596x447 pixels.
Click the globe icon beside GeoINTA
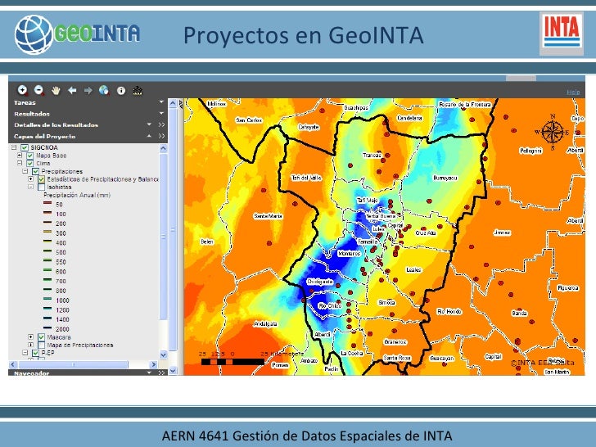pyautogui.click(x=34, y=35)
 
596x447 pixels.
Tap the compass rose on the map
pyautogui.click(x=553, y=131)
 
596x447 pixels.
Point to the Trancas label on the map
pyautogui.click(x=372, y=154)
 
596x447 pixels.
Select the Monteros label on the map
pyautogui.click(x=349, y=254)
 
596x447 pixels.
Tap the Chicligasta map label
pyautogui.click(x=319, y=281)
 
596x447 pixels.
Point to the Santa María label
pyautogui.click(x=268, y=216)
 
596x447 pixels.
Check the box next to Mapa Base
pyautogui.click(x=30, y=155)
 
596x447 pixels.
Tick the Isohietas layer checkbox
pyautogui.click(x=41, y=187)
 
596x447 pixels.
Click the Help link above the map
pyautogui.click(x=573, y=92)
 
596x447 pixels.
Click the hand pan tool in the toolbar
pyautogui.click(x=56, y=90)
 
